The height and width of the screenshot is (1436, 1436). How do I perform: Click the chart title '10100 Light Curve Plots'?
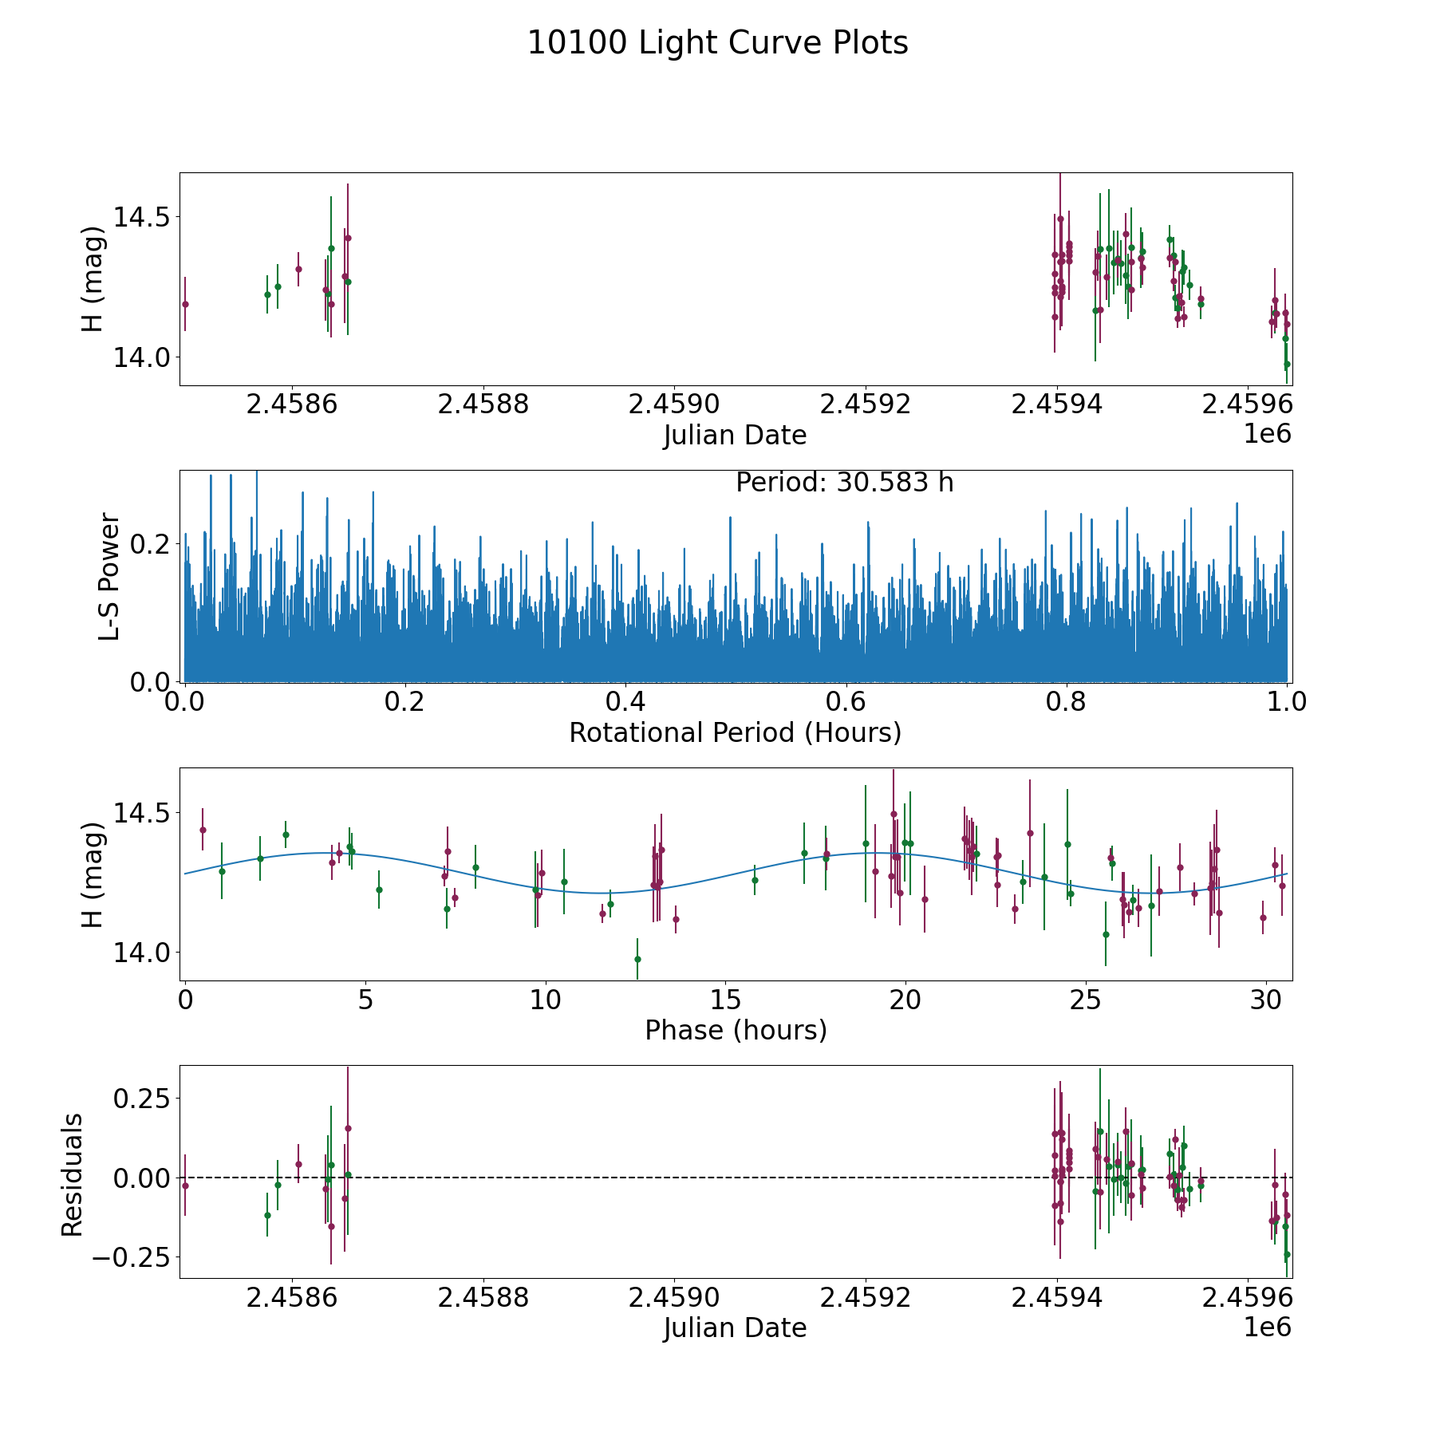[717, 43]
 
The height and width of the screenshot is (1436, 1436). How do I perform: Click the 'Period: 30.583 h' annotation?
[844, 483]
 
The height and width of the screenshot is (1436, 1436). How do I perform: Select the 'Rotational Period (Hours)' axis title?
[735, 732]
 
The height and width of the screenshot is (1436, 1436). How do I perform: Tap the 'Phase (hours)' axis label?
[736, 1030]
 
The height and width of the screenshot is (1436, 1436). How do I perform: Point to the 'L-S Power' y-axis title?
[109, 577]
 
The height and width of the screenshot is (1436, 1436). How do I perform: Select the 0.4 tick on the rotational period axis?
[625, 703]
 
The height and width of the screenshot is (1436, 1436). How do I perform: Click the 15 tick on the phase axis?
[724, 1000]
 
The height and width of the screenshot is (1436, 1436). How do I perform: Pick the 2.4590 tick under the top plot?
[674, 404]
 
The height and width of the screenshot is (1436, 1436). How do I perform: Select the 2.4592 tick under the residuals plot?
[866, 1298]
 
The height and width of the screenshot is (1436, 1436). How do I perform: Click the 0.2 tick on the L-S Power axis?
[152, 544]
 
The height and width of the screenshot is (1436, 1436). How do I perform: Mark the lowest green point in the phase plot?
[637, 959]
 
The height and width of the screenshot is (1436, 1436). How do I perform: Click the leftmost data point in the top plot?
[185, 304]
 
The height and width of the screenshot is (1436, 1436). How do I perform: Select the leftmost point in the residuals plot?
[185, 1185]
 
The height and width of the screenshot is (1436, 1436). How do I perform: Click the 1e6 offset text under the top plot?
[1267, 434]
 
